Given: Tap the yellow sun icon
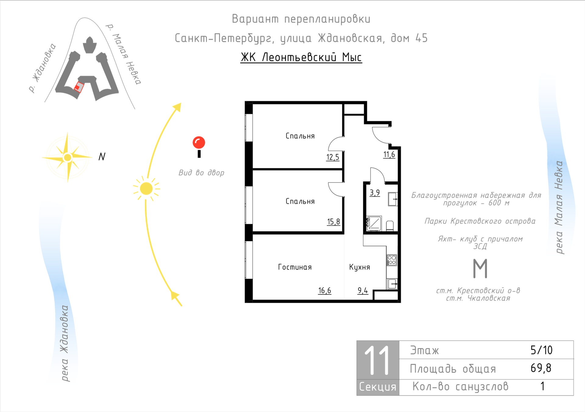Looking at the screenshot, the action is pyautogui.click(x=146, y=189).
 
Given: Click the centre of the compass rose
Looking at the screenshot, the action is pyautogui.click(x=68, y=158).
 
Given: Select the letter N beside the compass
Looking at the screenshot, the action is pyautogui.click(x=102, y=157).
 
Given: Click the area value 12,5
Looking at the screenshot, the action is pyautogui.click(x=333, y=157).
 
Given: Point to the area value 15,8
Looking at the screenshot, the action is pyautogui.click(x=333, y=222).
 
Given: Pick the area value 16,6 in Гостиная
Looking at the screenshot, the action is pyautogui.click(x=324, y=290).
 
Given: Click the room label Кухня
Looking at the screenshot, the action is pyautogui.click(x=360, y=267).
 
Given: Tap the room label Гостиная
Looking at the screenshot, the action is pyautogui.click(x=295, y=267).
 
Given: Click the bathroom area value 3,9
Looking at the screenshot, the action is pyautogui.click(x=375, y=193).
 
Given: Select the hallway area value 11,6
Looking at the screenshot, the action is pyautogui.click(x=389, y=154).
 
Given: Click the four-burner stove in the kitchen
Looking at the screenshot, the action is pyautogui.click(x=392, y=260).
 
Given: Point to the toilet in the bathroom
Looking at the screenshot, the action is pyautogui.click(x=390, y=226).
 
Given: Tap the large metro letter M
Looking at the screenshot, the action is pyautogui.click(x=480, y=268).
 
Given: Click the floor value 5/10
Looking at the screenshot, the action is pyautogui.click(x=541, y=350).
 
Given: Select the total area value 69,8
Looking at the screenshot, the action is pyautogui.click(x=541, y=368).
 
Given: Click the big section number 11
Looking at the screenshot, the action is pyautogui.click(x=377, y=360).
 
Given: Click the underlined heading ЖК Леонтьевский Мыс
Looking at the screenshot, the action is pyautogui.click(x=301, y=57).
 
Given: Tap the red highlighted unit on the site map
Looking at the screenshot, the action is pyautogui.click(x=78, y=87).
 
